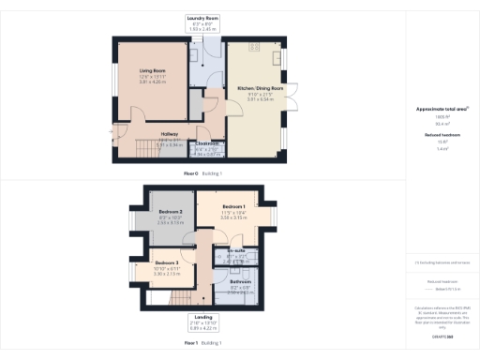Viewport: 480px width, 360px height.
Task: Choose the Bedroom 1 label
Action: coord(232,206)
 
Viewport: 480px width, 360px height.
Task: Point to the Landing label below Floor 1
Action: coord(202,318)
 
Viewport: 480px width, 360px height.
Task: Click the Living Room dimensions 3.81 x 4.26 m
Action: coord(152,82)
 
